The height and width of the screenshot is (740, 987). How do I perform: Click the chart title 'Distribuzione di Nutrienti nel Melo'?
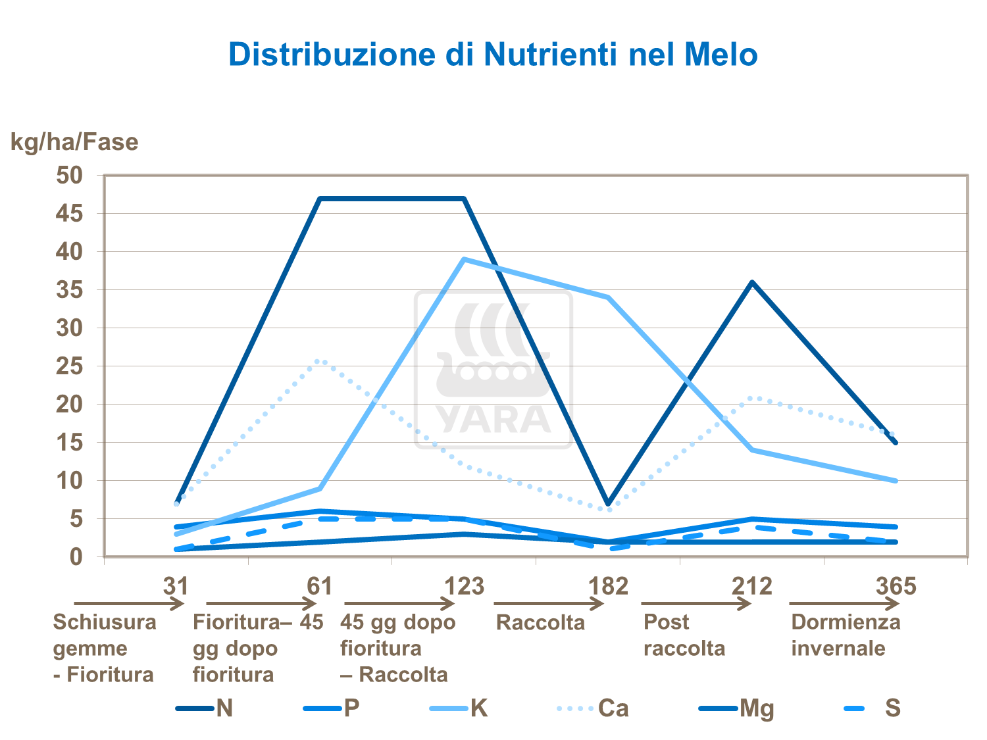click(493, 55)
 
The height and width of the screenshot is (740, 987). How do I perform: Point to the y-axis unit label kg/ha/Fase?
click(74, 142)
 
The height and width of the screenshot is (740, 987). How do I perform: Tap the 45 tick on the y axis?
click(69, 214)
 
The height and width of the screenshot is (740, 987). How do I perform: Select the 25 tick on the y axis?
click(69, 366)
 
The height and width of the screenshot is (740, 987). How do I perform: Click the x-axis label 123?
click(464, 585)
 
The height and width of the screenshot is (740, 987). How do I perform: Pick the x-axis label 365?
click(896, 585)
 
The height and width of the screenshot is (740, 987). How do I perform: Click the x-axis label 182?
click(608, 585)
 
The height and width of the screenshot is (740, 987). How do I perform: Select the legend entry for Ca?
click(613, 708)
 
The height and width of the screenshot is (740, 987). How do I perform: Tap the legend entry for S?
click(892, 708)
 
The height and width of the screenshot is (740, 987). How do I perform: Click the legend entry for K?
click(478, 708)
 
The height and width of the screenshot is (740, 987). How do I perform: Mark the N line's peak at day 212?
click(752, 283)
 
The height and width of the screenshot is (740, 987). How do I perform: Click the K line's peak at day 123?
click(465, 260)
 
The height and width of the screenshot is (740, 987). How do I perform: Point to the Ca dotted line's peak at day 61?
click(320, 360)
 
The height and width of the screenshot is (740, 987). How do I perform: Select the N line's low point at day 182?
click(609, 503)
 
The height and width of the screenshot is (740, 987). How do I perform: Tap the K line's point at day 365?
click(895, 481)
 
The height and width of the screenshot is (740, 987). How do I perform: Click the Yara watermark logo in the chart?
click(493, 370)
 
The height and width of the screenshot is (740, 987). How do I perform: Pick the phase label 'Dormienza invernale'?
click(846, 635)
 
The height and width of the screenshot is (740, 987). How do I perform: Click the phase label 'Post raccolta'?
click(684, 635)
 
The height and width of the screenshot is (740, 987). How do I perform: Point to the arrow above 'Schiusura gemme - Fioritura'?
click(128, 603)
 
